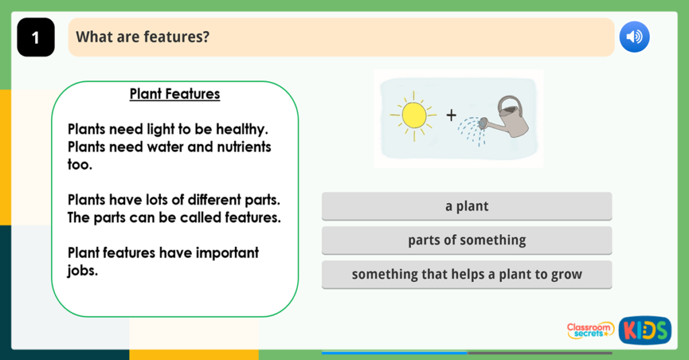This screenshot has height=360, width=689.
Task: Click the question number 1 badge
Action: tap(36, 38)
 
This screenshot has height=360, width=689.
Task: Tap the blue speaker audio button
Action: tap(634, 36)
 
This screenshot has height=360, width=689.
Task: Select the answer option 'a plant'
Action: tap(466, 207)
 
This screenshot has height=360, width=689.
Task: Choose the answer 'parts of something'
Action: tap(466, 240)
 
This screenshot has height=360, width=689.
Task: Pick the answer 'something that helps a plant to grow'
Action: tap(466, 275)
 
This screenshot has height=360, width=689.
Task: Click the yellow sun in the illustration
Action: tap(413, 115)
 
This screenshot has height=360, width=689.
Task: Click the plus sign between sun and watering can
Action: tap(451, 115)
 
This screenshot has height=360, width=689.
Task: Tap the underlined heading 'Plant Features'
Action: tap(174, 94)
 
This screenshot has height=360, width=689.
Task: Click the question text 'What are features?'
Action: tap(142, 37)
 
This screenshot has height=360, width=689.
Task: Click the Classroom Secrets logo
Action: tap(590, 330)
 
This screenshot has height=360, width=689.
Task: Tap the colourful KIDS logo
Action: tap(645, 330)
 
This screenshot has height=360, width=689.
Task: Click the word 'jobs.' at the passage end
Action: tap(83, 271)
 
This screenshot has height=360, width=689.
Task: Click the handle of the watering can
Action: tap(509, 105)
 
